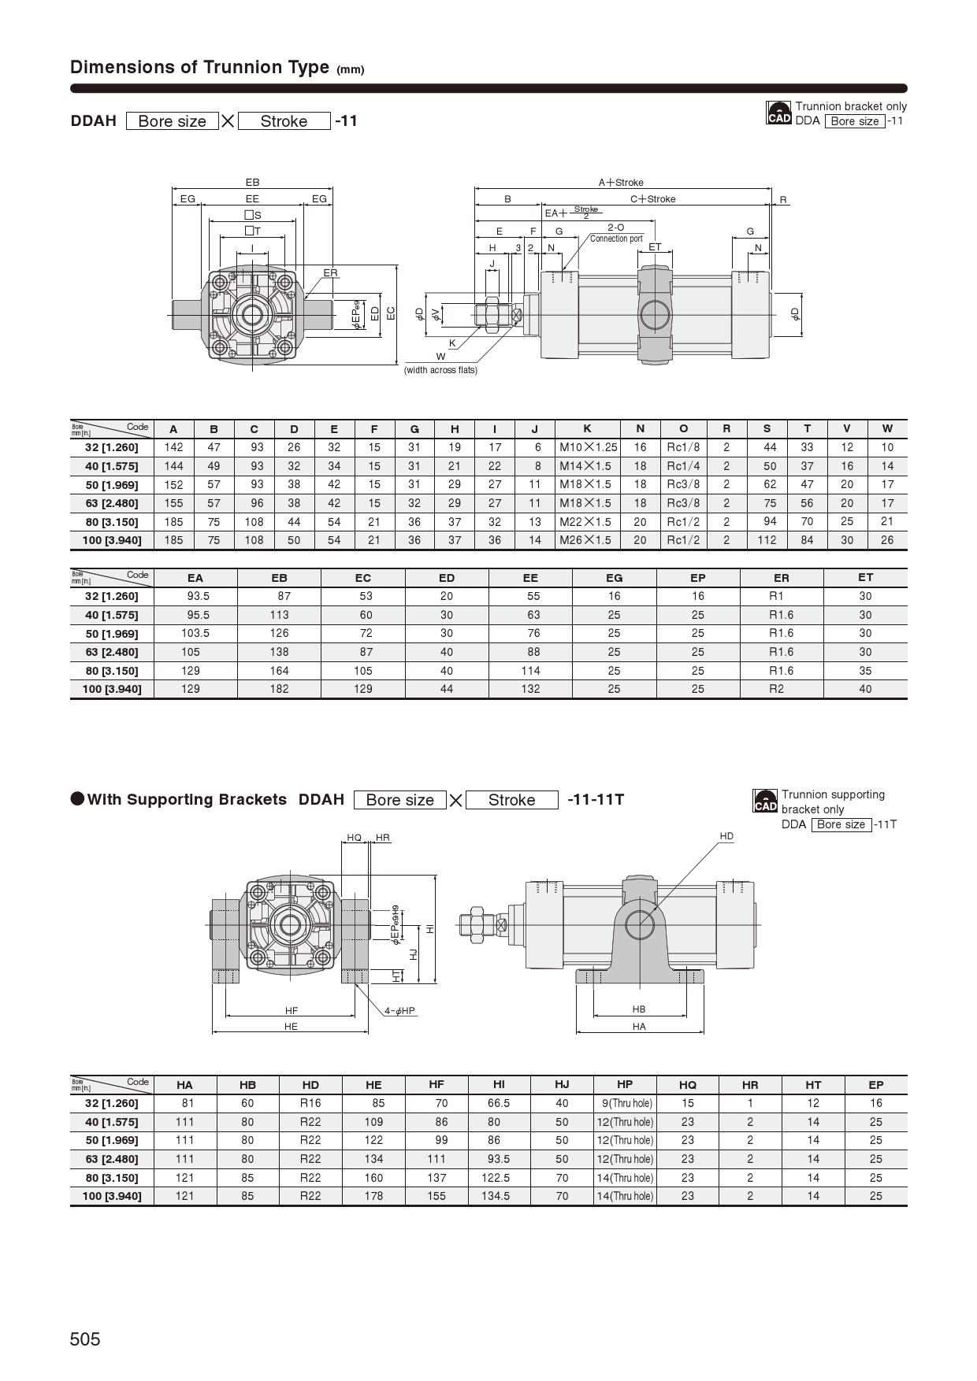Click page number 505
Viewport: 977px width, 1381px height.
point(85,1339)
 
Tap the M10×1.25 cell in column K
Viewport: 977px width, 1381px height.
point(588,447)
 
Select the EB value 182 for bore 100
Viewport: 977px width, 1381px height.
point(279,689)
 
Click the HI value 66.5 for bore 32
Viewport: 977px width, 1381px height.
point(499,1103)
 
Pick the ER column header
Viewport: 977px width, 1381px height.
point(781,578)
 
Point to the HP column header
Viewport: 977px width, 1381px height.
point(625,1084)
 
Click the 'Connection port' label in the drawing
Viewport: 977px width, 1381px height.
point(616,239)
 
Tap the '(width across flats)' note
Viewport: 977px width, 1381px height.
point(440,370)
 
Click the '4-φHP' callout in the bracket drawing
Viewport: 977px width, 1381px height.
point(399,1010)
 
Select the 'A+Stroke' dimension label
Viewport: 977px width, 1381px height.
point(621,183)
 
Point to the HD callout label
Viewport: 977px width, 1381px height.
point(726,836)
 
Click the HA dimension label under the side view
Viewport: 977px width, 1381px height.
point(639,1027)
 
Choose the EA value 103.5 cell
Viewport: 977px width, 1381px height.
point(195,633)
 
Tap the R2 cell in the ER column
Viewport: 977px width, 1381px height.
point(777,689)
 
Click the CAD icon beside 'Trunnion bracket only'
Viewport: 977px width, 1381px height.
point(778,113)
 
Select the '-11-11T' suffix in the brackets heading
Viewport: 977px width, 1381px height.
point(596,800)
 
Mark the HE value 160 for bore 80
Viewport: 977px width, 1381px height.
point(373,1178)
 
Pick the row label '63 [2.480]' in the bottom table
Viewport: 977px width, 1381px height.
point(112,1159)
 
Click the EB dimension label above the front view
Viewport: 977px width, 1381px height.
point(252,183)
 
